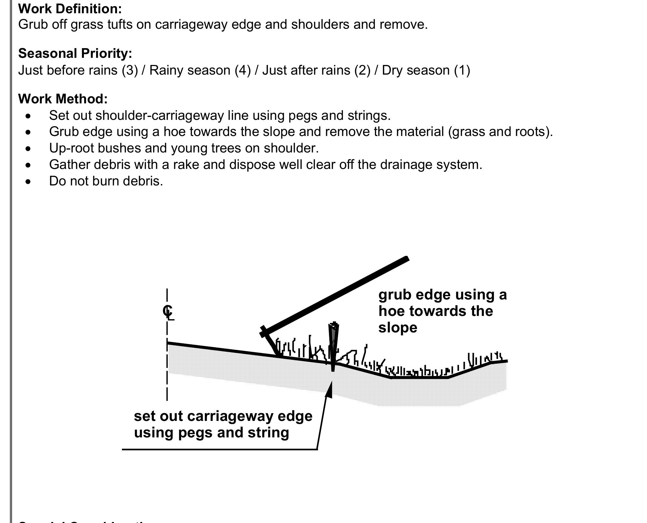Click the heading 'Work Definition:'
tap(70, 9)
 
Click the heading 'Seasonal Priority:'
tap(75, 54)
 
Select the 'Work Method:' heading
tap(63, 99)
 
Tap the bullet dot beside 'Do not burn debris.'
tap(29, 182)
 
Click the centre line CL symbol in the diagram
tap(168, 312)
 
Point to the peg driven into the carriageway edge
tap(333, 346)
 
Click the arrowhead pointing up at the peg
tap(329, 389)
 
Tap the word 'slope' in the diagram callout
tap(398, 328)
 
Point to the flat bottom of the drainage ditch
tap(419, 377)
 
